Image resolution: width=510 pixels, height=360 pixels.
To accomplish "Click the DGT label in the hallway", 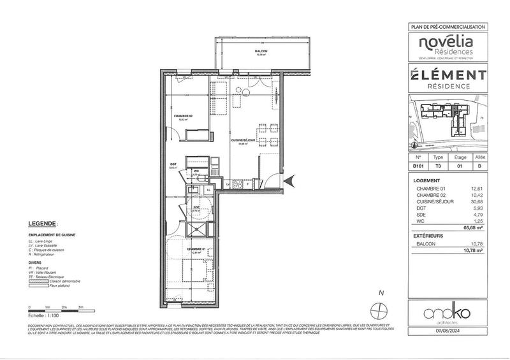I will pyautogui.click(x=172, y=164).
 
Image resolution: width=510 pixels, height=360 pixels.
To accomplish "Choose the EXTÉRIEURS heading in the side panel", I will pyautogui.click(x=428, y=235).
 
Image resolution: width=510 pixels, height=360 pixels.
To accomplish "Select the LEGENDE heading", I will pyautogui.click(x=43, y=224).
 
